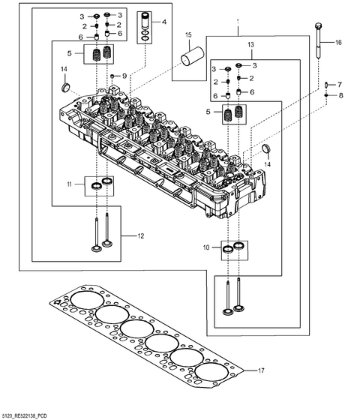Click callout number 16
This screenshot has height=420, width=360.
click(x=337, y=43)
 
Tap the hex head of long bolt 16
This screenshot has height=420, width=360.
click(x=319, y=28)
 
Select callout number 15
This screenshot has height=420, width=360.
click(x=188, y=35)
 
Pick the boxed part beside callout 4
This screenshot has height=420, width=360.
click(x=143, y=28)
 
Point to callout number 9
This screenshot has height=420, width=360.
click(x=124, y=76)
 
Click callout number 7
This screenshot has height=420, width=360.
click(x=339, y=85)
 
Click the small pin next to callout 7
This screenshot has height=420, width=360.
click(x=328, y=85)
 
